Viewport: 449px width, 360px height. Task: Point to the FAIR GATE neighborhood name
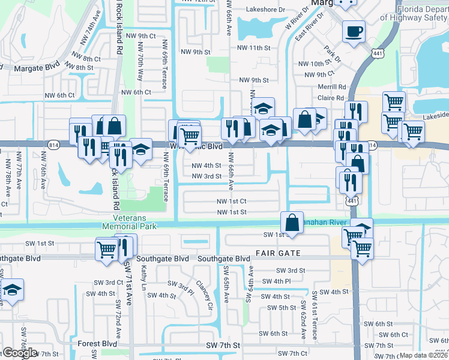pyautogui.click(x=277, y=253)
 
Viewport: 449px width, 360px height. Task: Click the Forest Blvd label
pyautogui.click(x=97, y=344)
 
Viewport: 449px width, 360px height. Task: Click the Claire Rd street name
pyautogui.click(x=331, y=98)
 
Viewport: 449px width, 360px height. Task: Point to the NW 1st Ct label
pyautogui.click(x=232, y=202)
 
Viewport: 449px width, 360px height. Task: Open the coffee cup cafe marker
pyautogui.click(x=354, y=31)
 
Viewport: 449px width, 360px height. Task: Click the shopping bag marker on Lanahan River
pyautogui.click(x=292, y=222)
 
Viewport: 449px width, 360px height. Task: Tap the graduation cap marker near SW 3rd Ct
pyautogui.click(x=12, y=290)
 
